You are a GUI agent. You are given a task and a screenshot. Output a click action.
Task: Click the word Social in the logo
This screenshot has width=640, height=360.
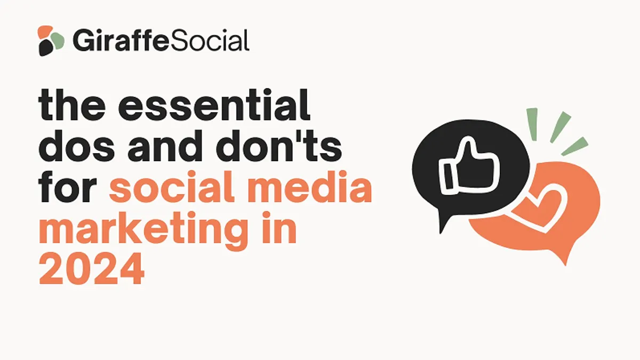coord(210,40)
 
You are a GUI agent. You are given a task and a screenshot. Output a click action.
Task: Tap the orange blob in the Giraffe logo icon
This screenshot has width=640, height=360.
coord(45,33)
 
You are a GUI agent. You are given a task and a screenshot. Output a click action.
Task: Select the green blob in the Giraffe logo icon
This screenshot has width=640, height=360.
coord(57,41)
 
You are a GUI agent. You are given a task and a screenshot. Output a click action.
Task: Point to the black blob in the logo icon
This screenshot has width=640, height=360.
coord(46,47)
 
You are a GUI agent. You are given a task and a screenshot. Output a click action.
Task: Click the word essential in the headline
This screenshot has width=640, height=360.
coord(214,105)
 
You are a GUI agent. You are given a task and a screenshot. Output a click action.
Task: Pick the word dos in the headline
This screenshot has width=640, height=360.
coord(77,146)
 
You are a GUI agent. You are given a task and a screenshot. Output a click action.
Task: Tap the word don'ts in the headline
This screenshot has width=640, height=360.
coord(279,146)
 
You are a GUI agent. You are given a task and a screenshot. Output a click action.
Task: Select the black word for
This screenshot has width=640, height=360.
coord(68,186)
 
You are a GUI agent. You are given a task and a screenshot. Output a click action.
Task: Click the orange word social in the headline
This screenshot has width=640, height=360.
coord(172,186)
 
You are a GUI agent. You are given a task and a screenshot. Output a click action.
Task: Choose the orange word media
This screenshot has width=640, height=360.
coord(310,186)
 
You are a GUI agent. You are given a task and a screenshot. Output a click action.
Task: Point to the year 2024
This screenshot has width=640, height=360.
coord(91,269)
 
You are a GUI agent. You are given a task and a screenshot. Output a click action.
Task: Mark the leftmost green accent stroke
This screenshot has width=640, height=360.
coord(533,124)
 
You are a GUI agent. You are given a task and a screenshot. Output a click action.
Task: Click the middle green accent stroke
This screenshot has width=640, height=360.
coord(561,127)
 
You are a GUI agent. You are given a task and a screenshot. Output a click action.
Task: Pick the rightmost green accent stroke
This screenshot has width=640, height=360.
coord(575,146)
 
